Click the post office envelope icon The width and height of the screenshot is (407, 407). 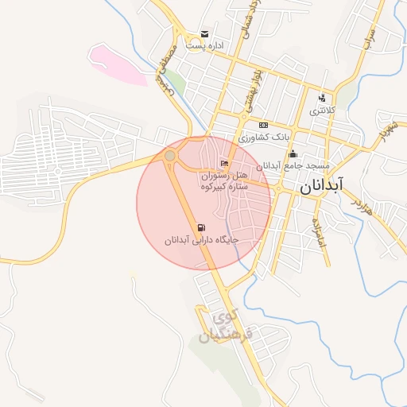[205, 34]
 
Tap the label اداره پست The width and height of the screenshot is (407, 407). [205, 46]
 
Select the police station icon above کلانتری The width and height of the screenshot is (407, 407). [322, 99]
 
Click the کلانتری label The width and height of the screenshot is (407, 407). [322, 110]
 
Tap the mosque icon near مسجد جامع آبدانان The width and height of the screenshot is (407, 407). [293, 154]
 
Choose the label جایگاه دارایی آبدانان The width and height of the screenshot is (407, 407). [202, 239]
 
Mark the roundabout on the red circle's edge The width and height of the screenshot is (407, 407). [170, 155]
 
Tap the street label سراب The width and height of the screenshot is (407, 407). [367, 45]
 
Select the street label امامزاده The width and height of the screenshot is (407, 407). [320, 230]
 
